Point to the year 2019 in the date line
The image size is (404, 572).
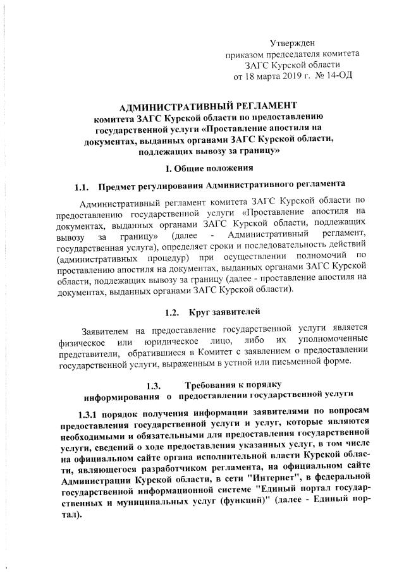tap(286, 76)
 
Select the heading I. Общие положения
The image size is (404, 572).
tap(209, 168)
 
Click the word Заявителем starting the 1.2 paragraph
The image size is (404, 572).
tap(108, 331)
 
